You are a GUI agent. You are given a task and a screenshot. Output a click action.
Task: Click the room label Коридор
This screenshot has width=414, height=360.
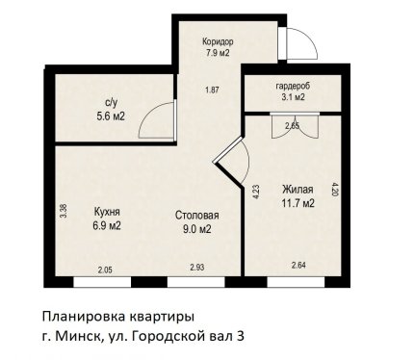click(218, 42)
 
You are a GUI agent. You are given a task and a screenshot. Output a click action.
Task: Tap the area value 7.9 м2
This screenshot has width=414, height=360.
click(218, 53)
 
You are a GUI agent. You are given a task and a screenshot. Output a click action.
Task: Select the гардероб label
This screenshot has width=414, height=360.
click(293, 87)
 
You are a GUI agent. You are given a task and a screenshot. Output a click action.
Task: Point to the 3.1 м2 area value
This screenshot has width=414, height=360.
click(293, 96)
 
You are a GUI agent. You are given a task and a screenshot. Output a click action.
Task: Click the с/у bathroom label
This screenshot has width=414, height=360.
click(111, 103)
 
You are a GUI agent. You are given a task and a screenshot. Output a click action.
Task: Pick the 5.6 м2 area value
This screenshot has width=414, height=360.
click(111, 116)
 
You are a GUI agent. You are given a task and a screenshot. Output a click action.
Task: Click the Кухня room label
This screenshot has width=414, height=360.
click(107, 212)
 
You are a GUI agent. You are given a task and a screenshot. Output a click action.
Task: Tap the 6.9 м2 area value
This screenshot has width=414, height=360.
click(107, 226)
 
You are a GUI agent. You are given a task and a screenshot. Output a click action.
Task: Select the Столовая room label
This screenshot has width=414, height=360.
click(196, 215)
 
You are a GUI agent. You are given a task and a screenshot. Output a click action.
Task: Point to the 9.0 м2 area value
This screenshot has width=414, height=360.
click(197, 229)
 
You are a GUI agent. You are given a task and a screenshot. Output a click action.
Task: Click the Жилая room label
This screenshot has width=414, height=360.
click(298, 190)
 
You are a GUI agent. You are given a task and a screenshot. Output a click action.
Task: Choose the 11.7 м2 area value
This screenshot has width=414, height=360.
click(298, 203)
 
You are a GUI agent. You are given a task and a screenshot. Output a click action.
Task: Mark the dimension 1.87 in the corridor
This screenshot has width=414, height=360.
click(212, 90)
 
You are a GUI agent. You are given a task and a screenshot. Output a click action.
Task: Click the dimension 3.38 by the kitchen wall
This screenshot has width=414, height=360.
click(64, 212)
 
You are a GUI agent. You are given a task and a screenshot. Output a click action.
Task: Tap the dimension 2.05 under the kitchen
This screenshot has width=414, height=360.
click(105, 270)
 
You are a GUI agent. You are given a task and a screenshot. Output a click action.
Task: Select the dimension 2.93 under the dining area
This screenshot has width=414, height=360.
click(197, 267)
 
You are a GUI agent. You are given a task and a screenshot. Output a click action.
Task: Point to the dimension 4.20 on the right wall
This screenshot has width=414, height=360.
click(335, 190)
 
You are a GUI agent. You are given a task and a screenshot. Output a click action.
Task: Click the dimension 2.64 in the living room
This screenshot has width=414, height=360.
click(298, 266)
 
